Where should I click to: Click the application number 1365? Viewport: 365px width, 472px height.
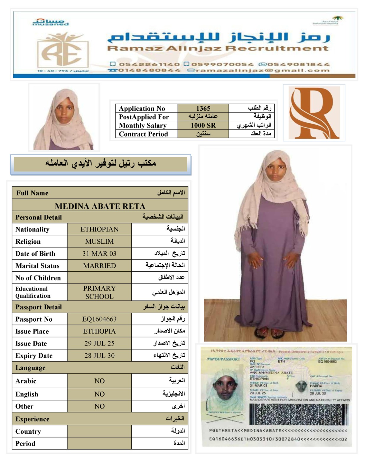tap(203, 108)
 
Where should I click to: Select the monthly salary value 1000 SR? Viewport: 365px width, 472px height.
tap(203, 125)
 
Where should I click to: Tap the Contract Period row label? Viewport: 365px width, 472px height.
tap(143, 134)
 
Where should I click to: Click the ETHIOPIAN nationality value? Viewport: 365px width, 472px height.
tap(100, 229)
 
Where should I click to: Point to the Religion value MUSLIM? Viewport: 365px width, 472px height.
tap(100, 241)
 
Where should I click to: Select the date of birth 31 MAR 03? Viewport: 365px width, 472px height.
tap(100, 253)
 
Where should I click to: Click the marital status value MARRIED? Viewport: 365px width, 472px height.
tap(100, 265)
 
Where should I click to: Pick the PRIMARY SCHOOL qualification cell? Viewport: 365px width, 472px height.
tap(100, 292)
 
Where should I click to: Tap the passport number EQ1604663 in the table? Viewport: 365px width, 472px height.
tap(100, 319)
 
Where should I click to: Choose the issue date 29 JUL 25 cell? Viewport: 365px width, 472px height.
tap(100, 343)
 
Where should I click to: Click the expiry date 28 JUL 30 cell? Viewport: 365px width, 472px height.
tap(100, 355)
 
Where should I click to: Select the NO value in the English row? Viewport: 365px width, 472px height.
tap(100, 394)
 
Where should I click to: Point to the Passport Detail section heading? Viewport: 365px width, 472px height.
tap(39, 307)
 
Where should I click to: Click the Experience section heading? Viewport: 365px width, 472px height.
tap(32, 419)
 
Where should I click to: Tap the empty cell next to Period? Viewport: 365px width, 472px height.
tap(100, 443)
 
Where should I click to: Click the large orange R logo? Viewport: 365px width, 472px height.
tap(314, 113)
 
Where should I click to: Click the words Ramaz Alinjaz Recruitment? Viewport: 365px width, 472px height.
tap(218, 48)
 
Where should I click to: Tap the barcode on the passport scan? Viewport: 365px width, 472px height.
tap(299, 414)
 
